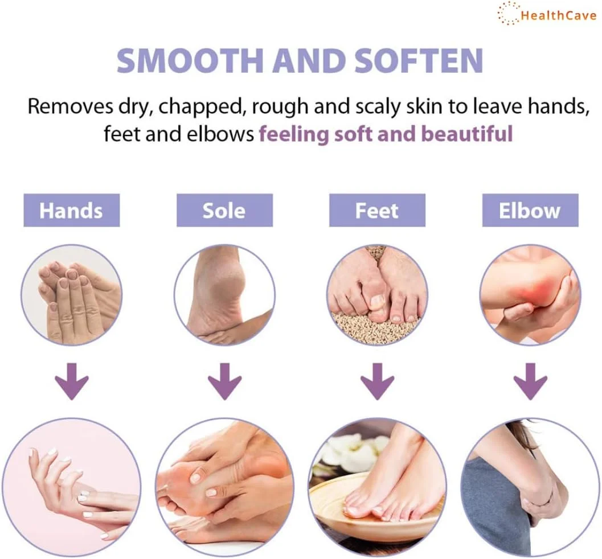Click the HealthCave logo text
point(559,16)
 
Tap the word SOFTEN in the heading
point(418,60)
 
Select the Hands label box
point(71,210)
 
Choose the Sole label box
point(224,210)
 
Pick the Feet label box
point(377,210)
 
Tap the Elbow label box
point(530,210)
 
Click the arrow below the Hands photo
point(72,381)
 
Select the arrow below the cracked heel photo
point(224,381)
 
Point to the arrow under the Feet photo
point(378,381)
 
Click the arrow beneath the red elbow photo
point(530,381)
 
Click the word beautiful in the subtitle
point(467,134)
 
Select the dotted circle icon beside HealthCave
point(509,13)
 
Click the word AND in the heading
point(309,60)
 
